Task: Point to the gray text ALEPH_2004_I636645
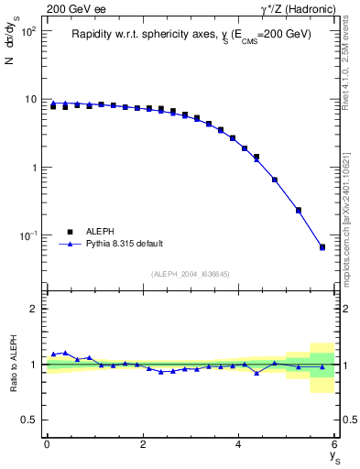click(191, 273)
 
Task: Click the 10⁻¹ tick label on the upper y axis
click(28, 235)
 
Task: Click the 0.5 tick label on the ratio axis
click(29, 420)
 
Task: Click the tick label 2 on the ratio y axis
click(36, 309)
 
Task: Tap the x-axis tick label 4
click(239, 444)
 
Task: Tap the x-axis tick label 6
click(335, 444)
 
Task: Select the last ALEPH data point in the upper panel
click(322, 247)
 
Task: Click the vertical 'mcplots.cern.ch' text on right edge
click(349, 220)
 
